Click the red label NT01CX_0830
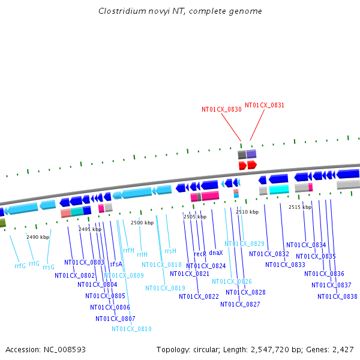pyautogui.click(x=221, y=110)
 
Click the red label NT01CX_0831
pyautogui.click(x=265, y=105)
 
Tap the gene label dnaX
pyautogui.click(x=216, y=253)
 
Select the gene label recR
pyautogui.click(x=200, y=254)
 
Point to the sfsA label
pyautogui.click(x=116, y=264)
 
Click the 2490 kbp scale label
pyautogui.click(x=38, y=237)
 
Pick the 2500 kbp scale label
pyautogui.click(x=142, y=223)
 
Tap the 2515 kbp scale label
pyautogui.click(x=300, y=207)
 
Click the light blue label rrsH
pyautogui.click(x=170, y=251)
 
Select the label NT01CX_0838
pyautogui.click(x=337, y=296)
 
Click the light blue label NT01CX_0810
pyautogui.click(x=131, y=329)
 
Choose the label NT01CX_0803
pyautogui.click(x=84, y=262)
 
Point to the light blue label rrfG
pyautogui.click(x=20, y=265)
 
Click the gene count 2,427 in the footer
pyautogui.click(x=342, y=349)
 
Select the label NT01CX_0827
pyautogui.click(x=240, y=304)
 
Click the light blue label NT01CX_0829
pyautogui.click(x=244, y=244)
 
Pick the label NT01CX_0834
pyautogui.click(x=306, y=245)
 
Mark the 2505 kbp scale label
pyautogui.click(x=194, y=217)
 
